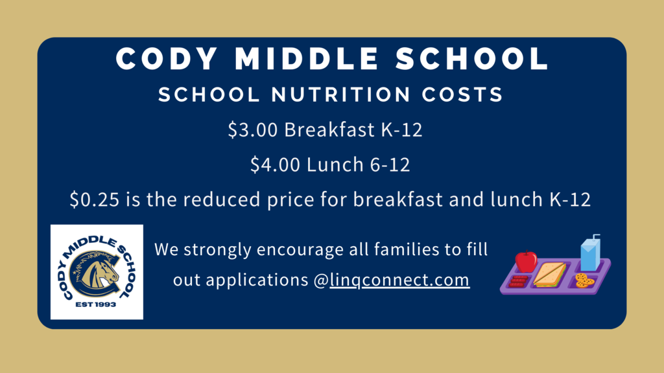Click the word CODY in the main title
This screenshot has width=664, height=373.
tap(167, 58)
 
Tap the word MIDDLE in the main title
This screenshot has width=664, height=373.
tap(307, 58)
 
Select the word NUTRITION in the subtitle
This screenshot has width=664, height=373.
tap(341, 95)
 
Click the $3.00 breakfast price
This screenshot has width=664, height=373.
tap(253, 130)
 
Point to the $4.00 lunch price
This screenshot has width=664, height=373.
tap(275, 164)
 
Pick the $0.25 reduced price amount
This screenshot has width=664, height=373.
tap(95, 199)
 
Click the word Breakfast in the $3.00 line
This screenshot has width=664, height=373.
tap(329, 130)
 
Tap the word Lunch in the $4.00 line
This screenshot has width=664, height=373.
tap(335, 164)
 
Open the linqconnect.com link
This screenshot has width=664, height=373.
tap(399, 280)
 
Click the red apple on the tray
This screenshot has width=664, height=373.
tap(527, 262)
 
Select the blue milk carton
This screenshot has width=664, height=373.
tap(590, 253)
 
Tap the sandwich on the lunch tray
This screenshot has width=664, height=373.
tap(550, 275)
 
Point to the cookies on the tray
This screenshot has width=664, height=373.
tap(584, 280)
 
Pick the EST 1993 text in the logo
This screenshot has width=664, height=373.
tap(96, 304)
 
